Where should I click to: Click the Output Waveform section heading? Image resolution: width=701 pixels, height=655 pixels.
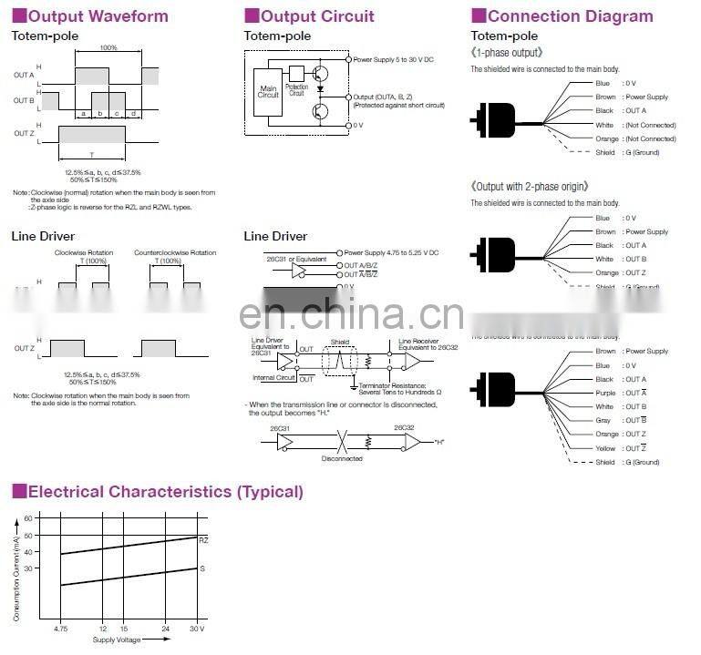pyautogui.click(x=97, y=16)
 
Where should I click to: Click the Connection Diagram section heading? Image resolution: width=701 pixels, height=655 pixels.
pyautogui.click(x=570, y=16)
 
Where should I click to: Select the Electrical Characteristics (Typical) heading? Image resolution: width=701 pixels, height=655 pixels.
pyautogui.click(x=165, y=492)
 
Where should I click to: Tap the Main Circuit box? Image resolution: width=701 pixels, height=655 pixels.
pyautogui.click(x=268, y=90)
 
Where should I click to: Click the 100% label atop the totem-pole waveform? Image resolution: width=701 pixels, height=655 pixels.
pyautogui.click(x=108, y=47)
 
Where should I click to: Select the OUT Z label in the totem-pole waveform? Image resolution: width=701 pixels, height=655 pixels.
pyautogui.click(x=24, y=134)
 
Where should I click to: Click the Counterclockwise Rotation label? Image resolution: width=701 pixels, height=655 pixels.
pyautogui.click(x=175, y=252)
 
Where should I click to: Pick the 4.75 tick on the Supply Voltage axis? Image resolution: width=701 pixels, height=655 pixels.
pyautogui.click(x=61, y=629)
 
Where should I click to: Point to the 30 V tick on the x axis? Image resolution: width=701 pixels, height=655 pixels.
pyautogui.click(x=197, y=629)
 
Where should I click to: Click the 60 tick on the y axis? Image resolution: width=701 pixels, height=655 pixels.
pyautogui.click(x=27, y=518)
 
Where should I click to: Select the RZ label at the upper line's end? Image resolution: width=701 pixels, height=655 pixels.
pyautogui.click(x=204, y=539)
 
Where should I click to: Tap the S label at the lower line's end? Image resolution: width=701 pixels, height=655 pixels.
pyautogui.click(x=201, y=569)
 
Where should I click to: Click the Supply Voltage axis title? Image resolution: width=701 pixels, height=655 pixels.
pyautogui.click(x=116, y=640)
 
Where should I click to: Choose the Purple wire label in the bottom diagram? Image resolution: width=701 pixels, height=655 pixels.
pyautogui.click(x=604, y=393)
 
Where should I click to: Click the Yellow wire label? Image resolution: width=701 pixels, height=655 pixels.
pyautogui.click(x=604, y=448)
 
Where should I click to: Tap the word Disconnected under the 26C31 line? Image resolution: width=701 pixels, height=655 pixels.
pyautogui.click(x=342, y=458)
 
